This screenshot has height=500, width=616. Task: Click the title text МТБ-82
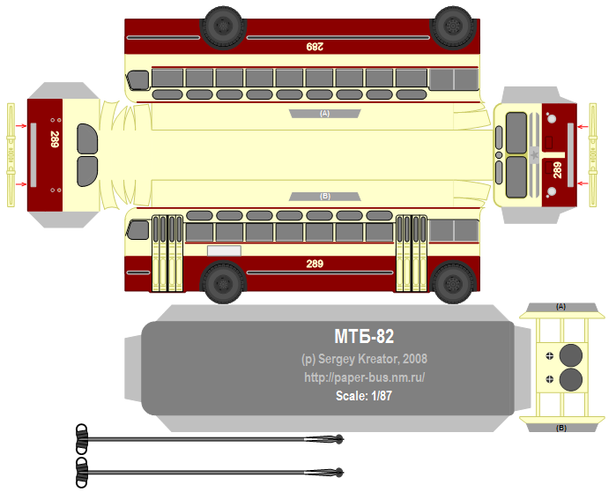point(363,336)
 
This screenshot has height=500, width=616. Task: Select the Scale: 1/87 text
point(363,396)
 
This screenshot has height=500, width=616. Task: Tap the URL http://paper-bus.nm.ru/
point(364,377)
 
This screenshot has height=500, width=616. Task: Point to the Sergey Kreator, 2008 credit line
point(364,359)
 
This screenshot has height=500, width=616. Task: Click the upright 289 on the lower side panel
point(315,264)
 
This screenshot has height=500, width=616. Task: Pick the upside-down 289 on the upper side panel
point(314,46)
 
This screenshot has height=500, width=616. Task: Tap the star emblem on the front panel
point(534,155)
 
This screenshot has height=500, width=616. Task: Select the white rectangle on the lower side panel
point(224,250)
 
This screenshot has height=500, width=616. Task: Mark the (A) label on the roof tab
point(324,114)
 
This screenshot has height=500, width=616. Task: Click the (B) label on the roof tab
point(324,196)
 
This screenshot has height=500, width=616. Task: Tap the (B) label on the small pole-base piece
point(561,428)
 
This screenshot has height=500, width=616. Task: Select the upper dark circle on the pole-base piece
point(572,355)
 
